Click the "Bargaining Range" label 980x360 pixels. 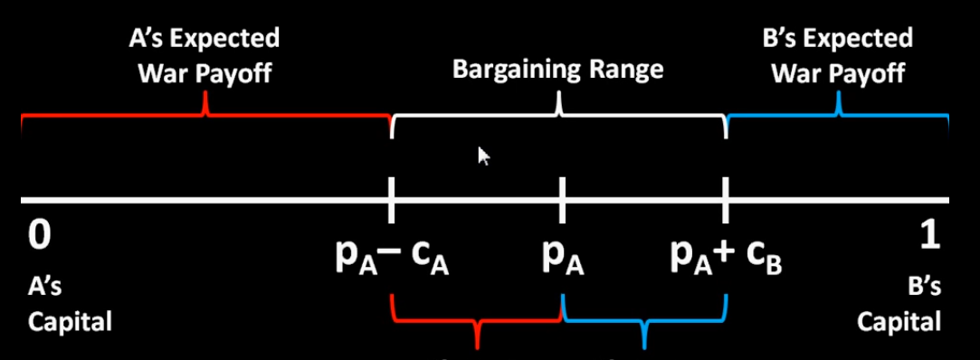point(559,70)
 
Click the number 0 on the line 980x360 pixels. point(38,235)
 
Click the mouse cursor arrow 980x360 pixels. point(483,156)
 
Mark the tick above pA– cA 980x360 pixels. point(391,199)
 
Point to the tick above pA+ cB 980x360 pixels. point(726,199)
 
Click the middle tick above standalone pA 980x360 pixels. point(562,199)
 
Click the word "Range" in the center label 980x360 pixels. point(623,70)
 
